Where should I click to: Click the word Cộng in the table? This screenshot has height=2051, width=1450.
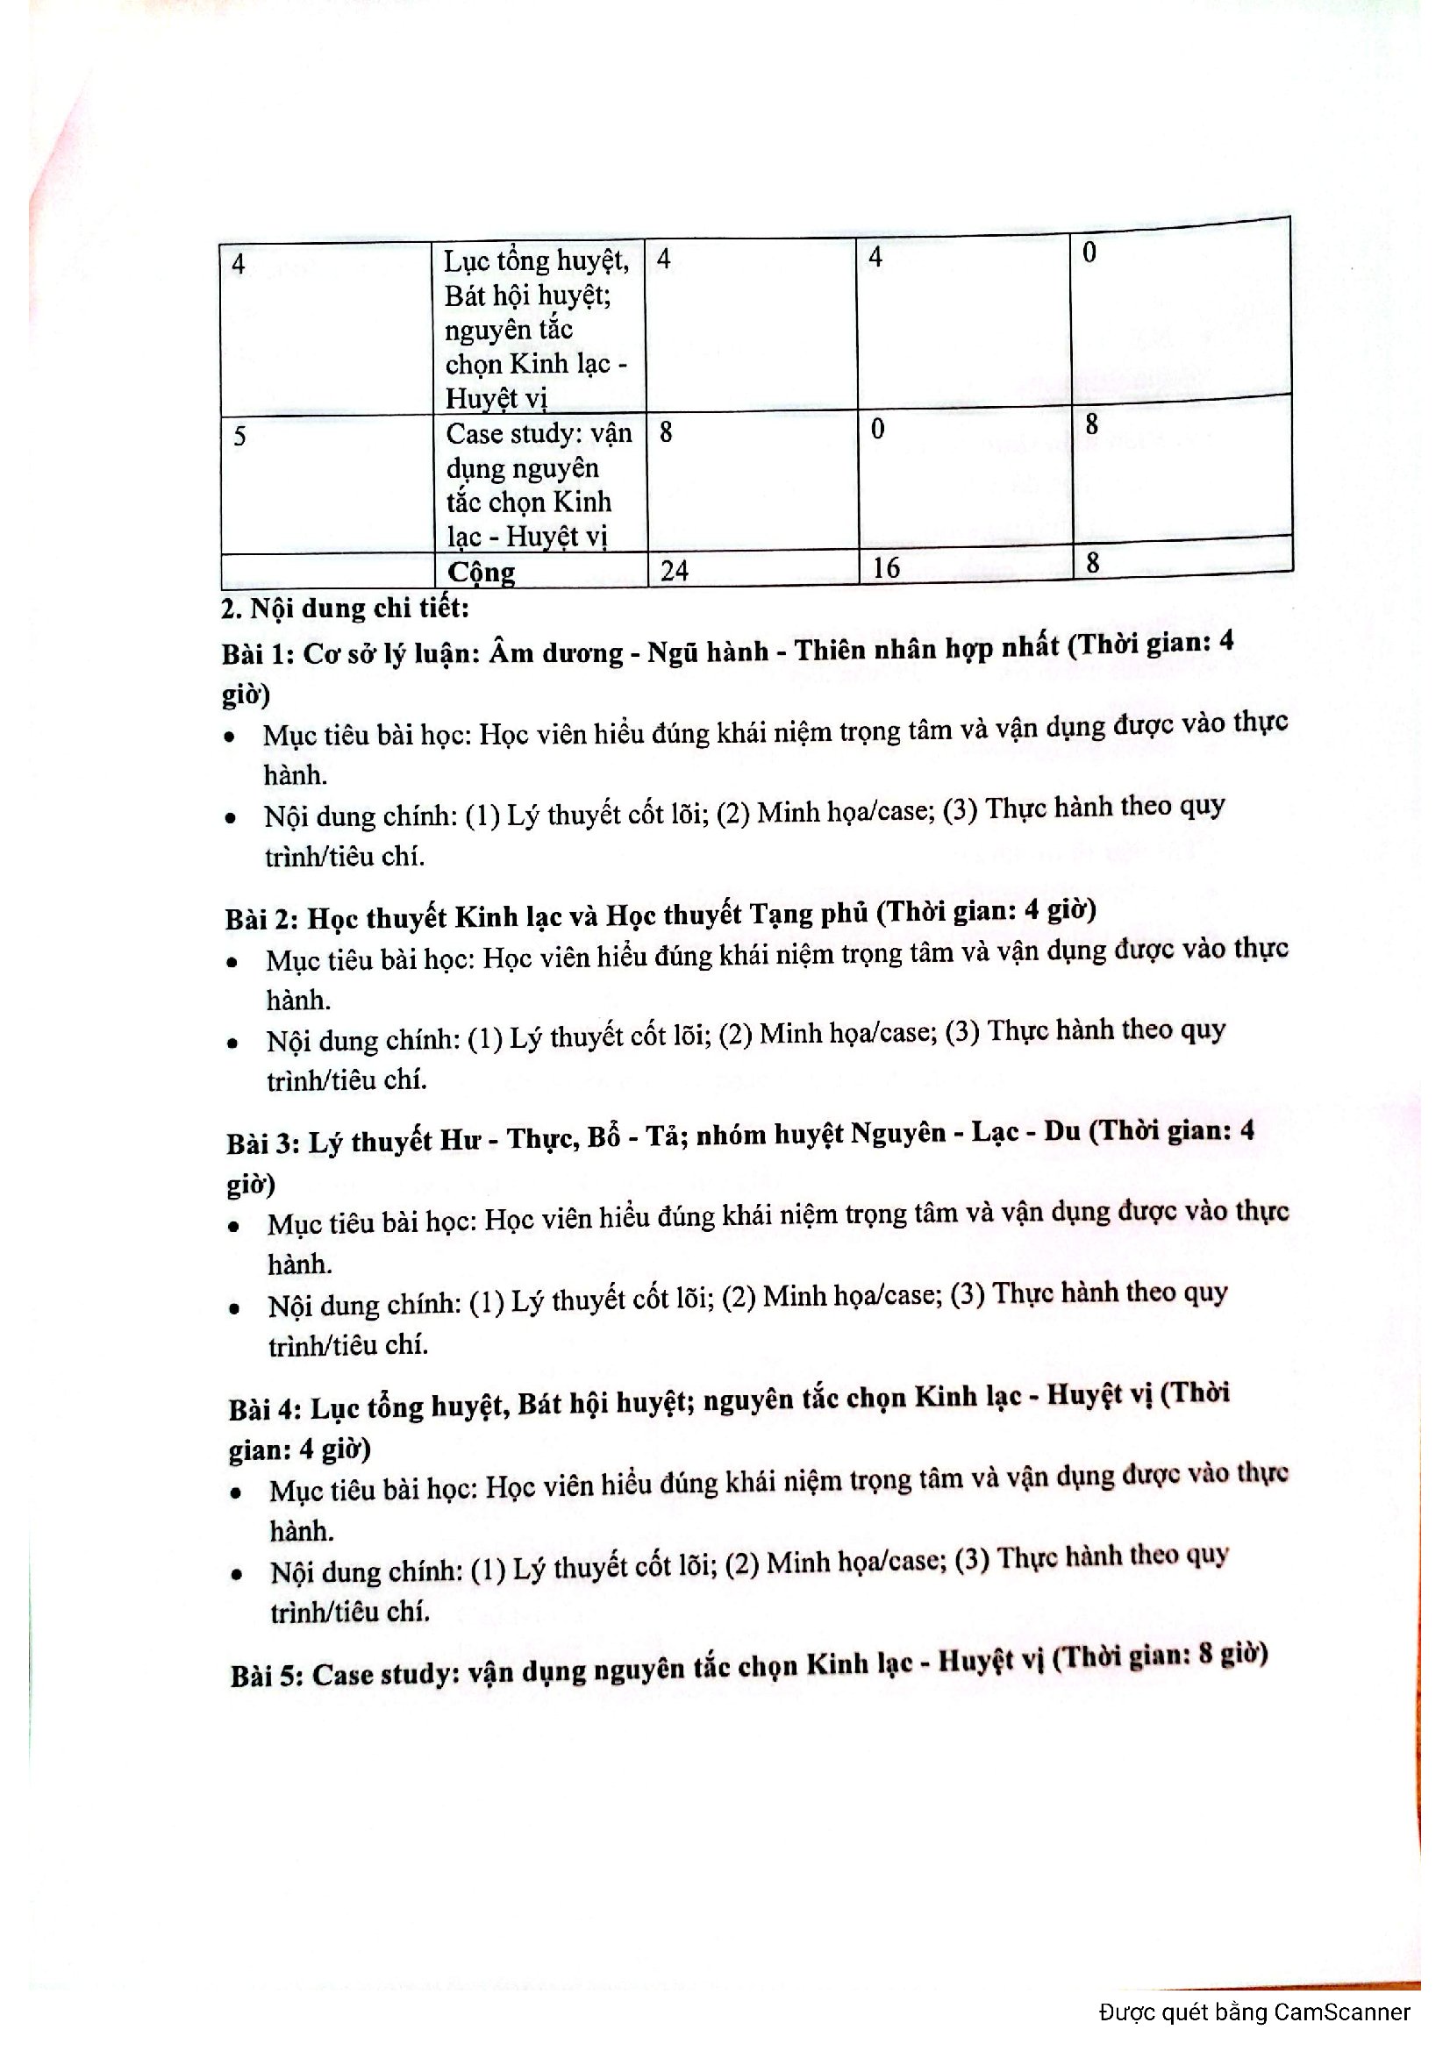click(481, 572)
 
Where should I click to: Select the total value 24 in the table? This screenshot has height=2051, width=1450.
click(675, 570)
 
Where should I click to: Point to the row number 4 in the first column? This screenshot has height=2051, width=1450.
click(239, 264)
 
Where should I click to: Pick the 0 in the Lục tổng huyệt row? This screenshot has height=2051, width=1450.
click(1089, 253)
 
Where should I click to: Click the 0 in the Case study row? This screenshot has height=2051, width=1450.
click(877, 430)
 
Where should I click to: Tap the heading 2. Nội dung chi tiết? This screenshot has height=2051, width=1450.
click(345, 609)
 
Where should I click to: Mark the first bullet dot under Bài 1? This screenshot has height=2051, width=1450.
click(232, 737)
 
